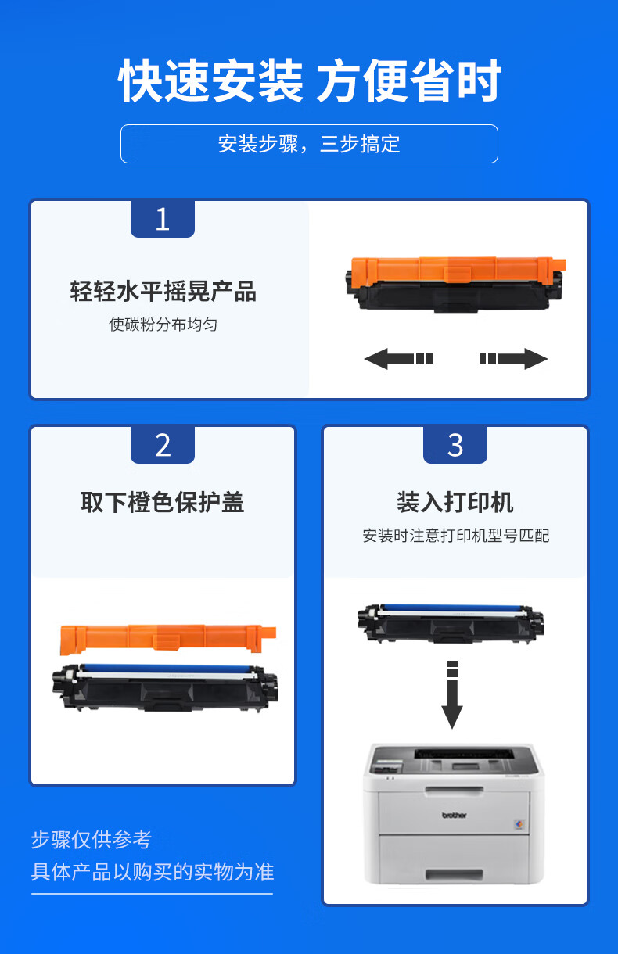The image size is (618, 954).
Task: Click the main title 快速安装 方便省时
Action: tap(310, 80)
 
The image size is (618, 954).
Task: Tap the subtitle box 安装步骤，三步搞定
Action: tap(309, 144)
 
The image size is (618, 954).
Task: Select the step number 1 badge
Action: tap(163, 219)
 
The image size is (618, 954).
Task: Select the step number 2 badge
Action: tap(163, 445)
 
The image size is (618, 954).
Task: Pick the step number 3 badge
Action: tap(455, 445)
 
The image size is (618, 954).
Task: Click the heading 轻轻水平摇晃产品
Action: tap(163, 292)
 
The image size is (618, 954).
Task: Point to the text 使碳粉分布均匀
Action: tap(163, 325)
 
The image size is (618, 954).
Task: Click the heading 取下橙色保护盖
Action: tap(163, 502)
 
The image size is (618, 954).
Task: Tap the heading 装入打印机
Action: tap(455, 502)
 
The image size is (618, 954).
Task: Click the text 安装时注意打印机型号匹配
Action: tap(455, 536)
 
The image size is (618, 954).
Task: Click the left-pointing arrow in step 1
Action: tap(398, 359)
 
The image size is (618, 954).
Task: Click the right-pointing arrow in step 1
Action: tap(513, 359)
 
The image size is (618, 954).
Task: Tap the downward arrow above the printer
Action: tap(452, 694)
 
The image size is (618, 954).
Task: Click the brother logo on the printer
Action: tap(454, 815)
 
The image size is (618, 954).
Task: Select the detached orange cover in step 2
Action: tap(168, 639)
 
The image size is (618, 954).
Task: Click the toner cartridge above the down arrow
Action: tap(451, 623)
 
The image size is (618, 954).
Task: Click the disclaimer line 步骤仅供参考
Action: tap(92, 840)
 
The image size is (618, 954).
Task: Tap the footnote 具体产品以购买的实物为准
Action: tap(153, 871)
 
